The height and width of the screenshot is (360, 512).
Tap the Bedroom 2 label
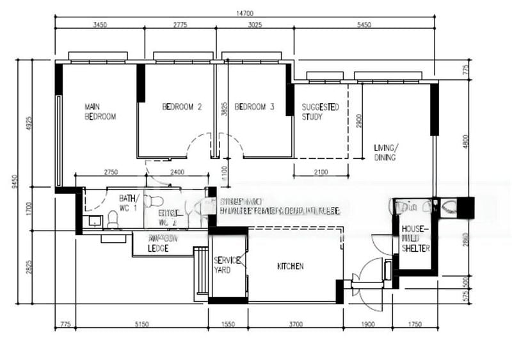point(182,107)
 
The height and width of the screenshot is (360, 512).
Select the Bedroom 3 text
point(254,107)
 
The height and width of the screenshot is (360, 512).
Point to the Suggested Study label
point(320,111)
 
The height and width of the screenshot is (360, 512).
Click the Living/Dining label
point(385,152)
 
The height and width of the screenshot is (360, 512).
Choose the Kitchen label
point(290,266)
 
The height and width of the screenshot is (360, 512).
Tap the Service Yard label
point(227,265)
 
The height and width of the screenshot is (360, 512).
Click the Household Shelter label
point(415,238)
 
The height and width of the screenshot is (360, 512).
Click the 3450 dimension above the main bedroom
point(100,25)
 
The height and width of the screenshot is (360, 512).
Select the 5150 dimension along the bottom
point(141,325)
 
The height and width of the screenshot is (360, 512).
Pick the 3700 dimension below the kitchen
point(295,325)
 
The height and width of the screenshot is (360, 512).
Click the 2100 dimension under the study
point(320,172)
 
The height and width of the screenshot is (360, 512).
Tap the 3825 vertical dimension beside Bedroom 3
point(224,110)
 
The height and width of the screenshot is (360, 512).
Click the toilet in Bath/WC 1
point(113,220)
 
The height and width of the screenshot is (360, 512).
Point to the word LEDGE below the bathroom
point(158,248)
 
